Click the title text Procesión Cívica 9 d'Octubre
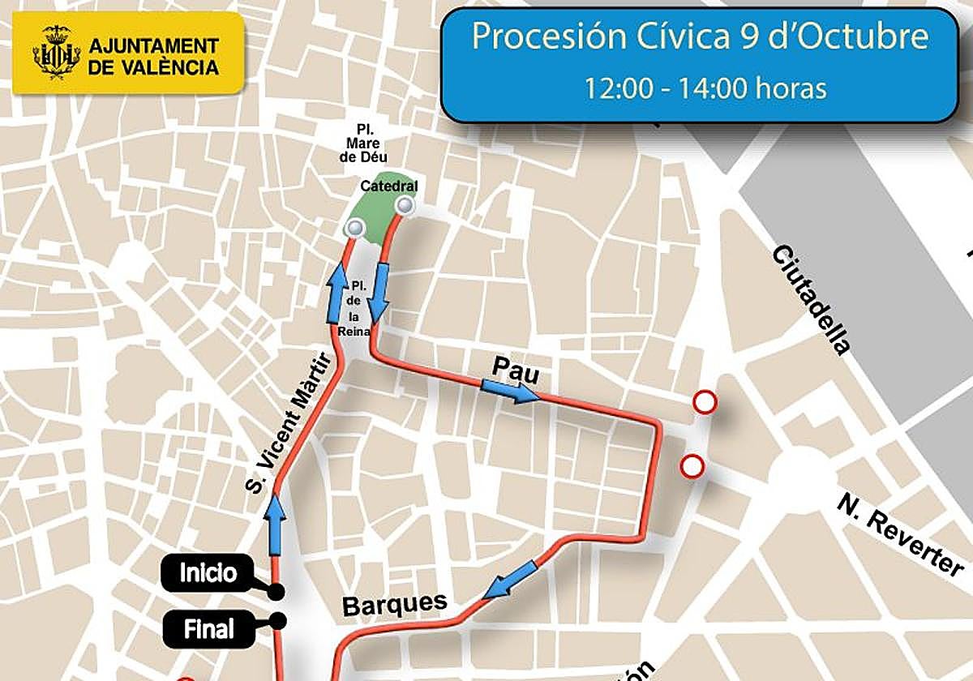pyautogui.click(x=699, y=37)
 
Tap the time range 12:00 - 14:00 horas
pyautogui.click(x=705, y=88)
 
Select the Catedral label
pyautogui.click(x=389, y=186)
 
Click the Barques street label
pyautogui.click(x=395, y=604)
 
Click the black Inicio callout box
pyautogui.click(x=209, y=574)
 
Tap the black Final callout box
pyautogui.click(x=209, y=629)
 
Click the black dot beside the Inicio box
pyautogui.click(x=277, y=591)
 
